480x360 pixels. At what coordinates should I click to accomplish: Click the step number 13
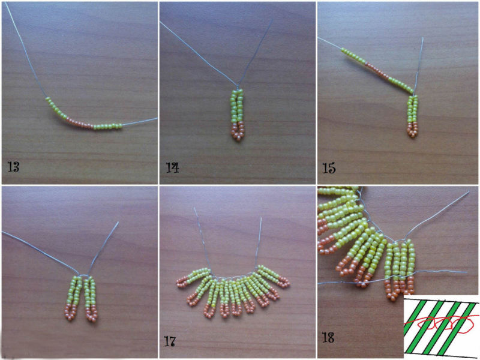[14, 167]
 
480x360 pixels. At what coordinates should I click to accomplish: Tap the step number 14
[172, 167]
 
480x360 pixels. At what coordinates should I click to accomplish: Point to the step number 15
[329, 168]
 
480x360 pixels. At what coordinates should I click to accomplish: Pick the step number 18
[328, 338]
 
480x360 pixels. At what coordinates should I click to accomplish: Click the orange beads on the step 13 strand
[80, 123]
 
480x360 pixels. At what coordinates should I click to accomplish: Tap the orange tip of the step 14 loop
[238, 131]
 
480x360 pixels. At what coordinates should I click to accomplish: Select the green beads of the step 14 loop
[238, 106]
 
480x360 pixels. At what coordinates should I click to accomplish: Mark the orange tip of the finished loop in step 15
[412, 130]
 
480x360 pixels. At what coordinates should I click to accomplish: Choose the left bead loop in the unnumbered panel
[73, 298]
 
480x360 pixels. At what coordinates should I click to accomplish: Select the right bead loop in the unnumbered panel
[91, 298]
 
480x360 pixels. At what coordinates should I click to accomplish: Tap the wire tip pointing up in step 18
[469, 193]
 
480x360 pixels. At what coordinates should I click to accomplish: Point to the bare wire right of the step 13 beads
[140, 121]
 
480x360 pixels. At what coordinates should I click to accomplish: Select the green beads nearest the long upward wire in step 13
[56, 108]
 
